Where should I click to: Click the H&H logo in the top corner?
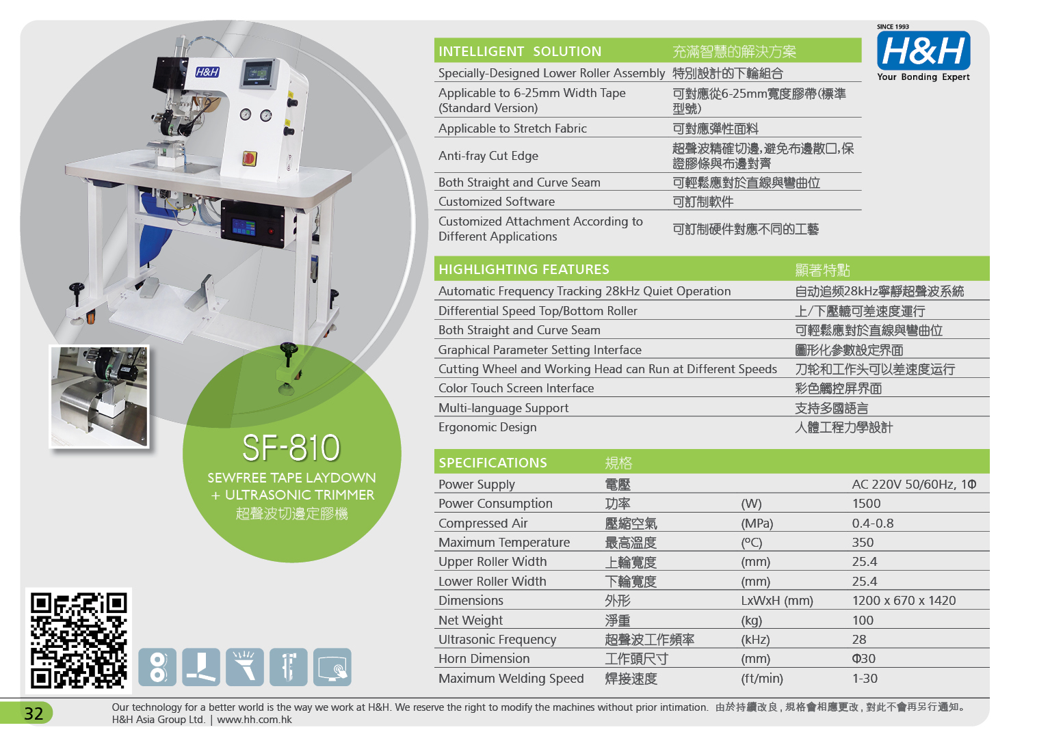(x=923, y=53)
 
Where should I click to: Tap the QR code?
(x=79, y=640)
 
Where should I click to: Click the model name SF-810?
(x=291, y=448)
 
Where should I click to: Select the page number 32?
(x=34, y=714)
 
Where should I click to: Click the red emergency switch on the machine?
(x=250, y=159)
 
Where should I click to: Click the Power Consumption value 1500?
(x=866, y=504)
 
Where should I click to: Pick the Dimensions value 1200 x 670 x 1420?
(x=904, y=601)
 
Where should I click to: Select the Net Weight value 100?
(x=863, y=620)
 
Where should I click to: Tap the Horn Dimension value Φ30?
(x=863, y=658)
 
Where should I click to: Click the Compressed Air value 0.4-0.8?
(x=873, y=523)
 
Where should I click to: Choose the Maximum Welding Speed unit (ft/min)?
(x=762, y=679)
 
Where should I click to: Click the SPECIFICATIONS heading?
(x=493, y=463)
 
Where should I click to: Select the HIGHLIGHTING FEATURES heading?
(x=523, y=269)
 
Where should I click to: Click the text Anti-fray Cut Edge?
(x=488, y=156)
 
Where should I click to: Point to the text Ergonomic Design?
(x=488, y=427)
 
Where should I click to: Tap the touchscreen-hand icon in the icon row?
(x=332, y=667)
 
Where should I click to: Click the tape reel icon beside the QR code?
(x=157, y=667)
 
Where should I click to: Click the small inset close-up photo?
(x=99, y=396)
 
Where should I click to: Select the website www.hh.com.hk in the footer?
(x=254, y=720)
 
